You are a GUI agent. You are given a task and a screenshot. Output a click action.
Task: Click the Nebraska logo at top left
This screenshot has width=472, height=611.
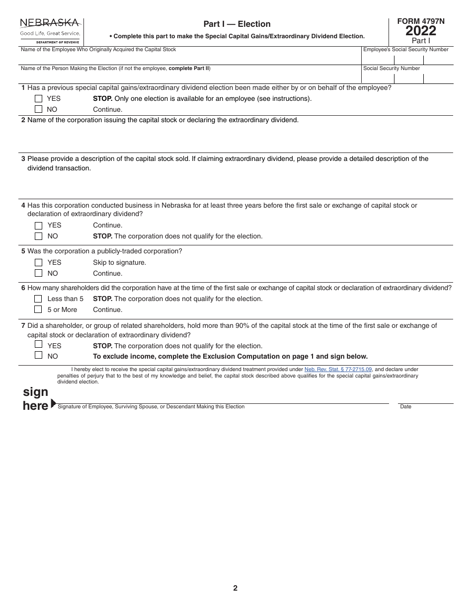click(x=50, y=31)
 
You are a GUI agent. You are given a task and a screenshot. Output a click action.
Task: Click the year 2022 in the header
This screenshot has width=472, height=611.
click(x=420, y=31)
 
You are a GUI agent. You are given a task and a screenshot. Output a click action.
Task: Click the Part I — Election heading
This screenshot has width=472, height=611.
click(x=237, y=24)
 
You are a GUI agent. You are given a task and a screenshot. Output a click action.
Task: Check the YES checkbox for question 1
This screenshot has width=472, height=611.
click(x=38, y=99)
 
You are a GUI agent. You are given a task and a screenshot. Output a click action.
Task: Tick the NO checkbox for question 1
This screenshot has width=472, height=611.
click(x=38, y=109)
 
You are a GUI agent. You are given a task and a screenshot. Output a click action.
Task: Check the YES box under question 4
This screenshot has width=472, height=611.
click(x=38, y=226)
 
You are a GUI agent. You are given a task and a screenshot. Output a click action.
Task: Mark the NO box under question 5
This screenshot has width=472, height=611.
click(x=38, y=273)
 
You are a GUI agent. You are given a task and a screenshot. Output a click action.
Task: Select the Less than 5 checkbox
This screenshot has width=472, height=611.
click(x=38, y=299)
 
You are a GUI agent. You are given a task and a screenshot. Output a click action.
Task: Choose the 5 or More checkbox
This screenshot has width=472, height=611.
click(x=38, y=309)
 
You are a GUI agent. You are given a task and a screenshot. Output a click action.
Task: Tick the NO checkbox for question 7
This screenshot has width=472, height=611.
click(x=38, y=355)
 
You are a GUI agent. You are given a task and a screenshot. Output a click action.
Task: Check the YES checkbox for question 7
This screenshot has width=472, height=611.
click(x=38, y=344)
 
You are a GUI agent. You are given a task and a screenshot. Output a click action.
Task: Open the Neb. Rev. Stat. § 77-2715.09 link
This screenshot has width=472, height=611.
click(x=338, y=370)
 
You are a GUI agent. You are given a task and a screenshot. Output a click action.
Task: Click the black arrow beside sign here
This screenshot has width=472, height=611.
click(x=54, y=403)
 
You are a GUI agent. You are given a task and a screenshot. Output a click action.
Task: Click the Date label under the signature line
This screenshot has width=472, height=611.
click(x=405, y=407)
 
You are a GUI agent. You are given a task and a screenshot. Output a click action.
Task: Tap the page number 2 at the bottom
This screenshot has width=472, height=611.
click(x=235, y=588)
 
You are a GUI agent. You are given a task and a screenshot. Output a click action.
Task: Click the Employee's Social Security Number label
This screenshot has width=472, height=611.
click(x=405, y=50)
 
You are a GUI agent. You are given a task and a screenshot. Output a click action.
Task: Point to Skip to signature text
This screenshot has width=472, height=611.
click(x=119, y=263)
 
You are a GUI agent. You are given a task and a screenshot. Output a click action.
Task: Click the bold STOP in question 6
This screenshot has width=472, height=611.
click(x=102, y=299)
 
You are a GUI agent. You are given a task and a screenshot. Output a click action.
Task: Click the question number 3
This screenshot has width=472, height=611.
click(x=23, y=159)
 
